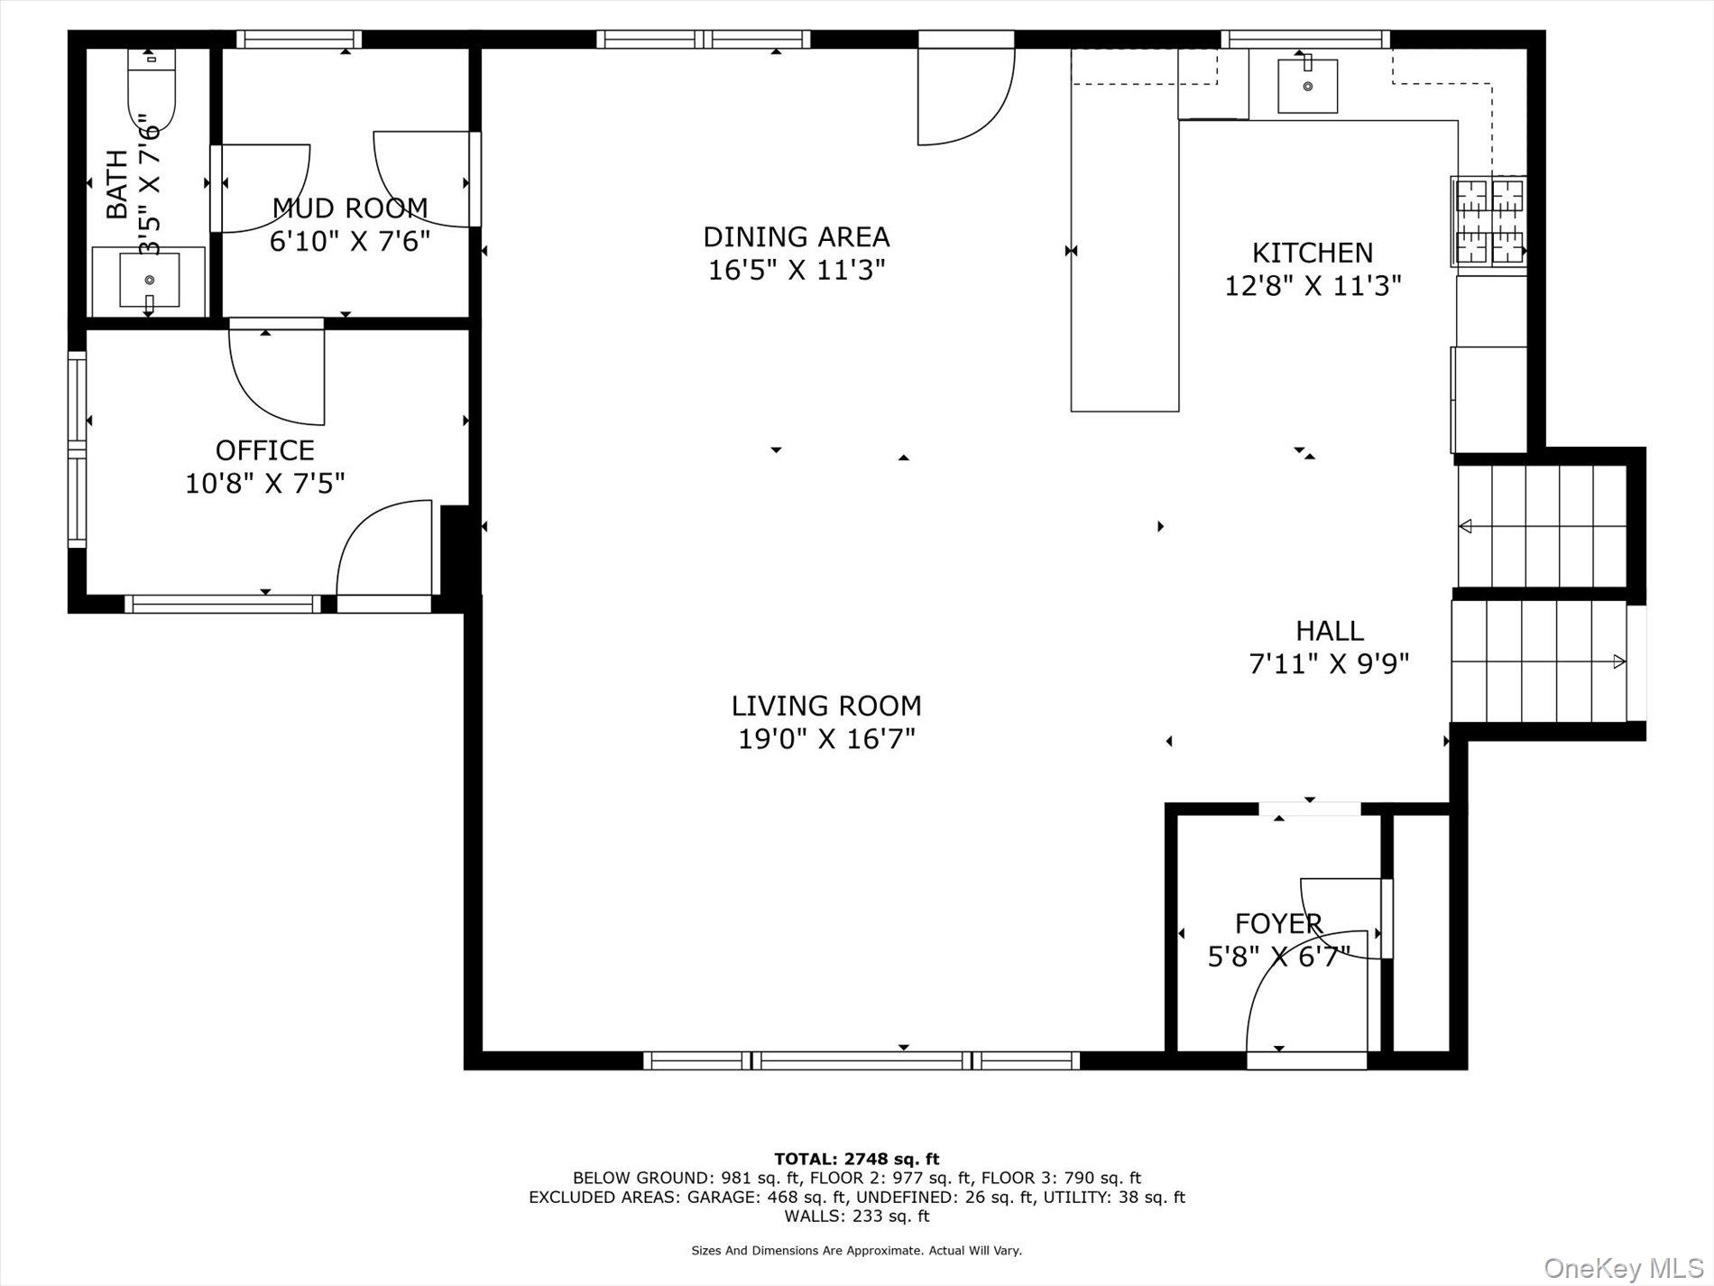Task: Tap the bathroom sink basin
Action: (149, 280)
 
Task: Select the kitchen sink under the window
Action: (1307, 86)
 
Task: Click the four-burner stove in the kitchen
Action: (1488, 222)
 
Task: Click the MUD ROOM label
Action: (350, 208)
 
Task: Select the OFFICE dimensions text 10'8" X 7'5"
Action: (265, 484)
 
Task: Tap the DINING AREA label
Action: (796, 237)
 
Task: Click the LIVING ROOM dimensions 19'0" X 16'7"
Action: (826, 739)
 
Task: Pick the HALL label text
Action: (1329, 631)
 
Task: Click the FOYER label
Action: (1278, 924)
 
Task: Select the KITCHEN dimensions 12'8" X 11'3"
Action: (1312, 286)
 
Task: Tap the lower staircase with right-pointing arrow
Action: (1538, 662)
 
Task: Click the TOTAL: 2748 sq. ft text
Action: (856, 1159)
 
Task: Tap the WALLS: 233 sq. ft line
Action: (856, 1217)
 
